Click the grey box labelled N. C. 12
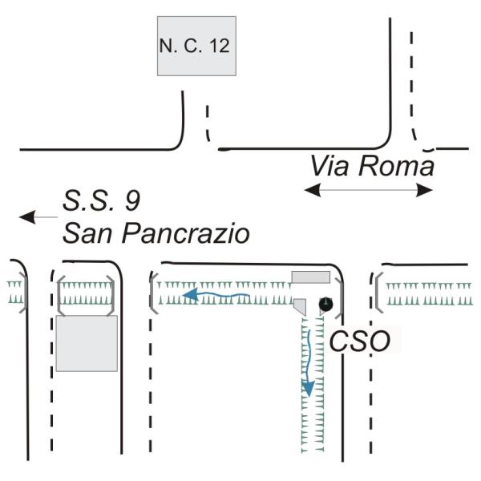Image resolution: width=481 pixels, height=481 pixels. point(196,46)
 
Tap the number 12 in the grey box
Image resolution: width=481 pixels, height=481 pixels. point(220,46)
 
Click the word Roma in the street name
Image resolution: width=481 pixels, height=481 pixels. point(396,166)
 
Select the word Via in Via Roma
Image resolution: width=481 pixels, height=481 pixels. point(329,166)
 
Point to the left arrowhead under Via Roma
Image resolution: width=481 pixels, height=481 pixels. point(313,190)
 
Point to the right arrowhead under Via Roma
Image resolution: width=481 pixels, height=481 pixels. point(425,190)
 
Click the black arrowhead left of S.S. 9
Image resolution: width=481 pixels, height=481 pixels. point(27,217)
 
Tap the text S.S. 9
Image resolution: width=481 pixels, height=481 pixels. point(102,201)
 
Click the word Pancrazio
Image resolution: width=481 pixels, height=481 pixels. point(186,233)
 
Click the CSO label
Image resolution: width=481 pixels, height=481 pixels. point(359,341)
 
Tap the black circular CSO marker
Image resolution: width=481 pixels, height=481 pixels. point(325,304)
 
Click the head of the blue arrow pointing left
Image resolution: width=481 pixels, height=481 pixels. point(190,294)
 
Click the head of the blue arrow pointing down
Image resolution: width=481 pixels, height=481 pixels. point(309,389)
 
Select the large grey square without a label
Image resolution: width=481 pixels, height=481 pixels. point(87,343)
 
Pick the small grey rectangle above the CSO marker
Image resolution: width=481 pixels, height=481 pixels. point(311,277)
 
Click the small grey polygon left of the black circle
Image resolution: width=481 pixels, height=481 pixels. point(301,306)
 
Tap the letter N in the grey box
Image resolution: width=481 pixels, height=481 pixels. point(166,46)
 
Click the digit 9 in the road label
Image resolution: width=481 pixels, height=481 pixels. point(133,201)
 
